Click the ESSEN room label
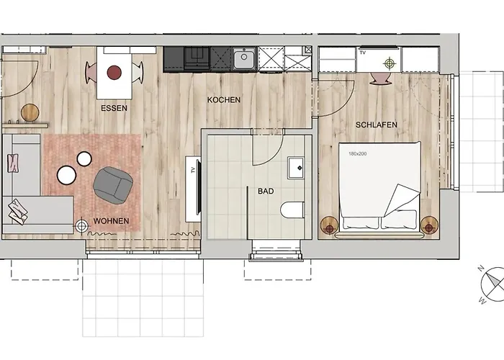point(114,109)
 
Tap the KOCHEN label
point(223,99)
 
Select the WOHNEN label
point(112,220)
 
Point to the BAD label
point(266,192)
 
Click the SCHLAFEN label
point(376,125)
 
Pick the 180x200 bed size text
point(358,153)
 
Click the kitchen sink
point(243,55)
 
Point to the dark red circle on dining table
point(114,72)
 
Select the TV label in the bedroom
point(362,53)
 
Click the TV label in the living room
point(192,171)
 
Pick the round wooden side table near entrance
point(30,112)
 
